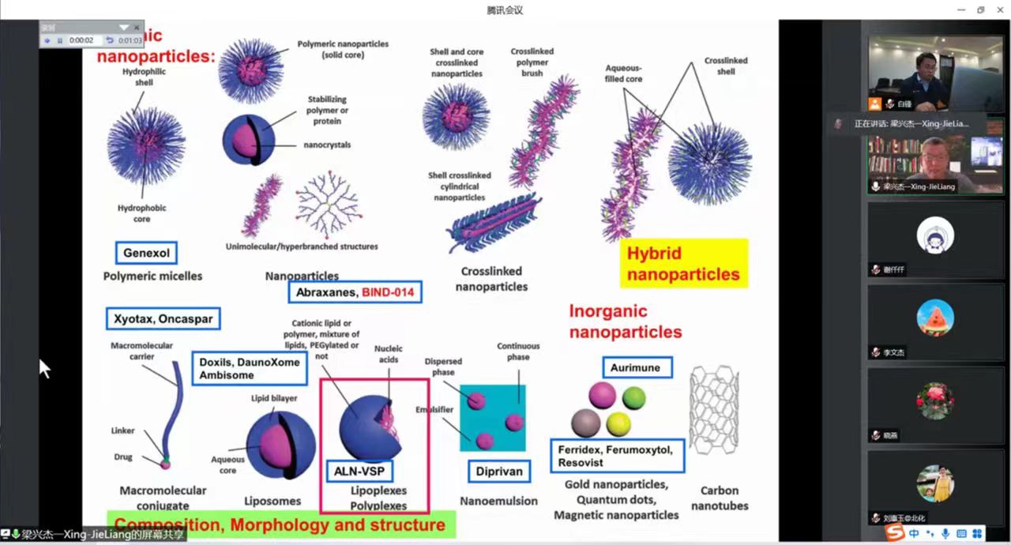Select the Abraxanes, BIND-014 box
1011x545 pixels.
point(355,292)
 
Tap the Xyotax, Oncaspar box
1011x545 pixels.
point(163,319)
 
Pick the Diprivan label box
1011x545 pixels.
point(499,472)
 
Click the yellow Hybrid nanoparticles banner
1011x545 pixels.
point(683,264)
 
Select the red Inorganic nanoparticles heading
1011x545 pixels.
point(625,321)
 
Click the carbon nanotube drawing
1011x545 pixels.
point(714,409)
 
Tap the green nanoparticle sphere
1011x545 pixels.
point(633,397)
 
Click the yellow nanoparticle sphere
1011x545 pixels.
point(618,423)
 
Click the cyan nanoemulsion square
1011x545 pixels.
point(493,418)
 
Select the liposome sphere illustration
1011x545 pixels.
point(280,445)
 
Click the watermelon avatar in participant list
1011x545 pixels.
point(935,318)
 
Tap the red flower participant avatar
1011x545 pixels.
point(935,400)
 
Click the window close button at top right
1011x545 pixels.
point(1000,9)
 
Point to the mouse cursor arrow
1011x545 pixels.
point(44,368)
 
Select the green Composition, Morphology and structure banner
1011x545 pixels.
point(280,524)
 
